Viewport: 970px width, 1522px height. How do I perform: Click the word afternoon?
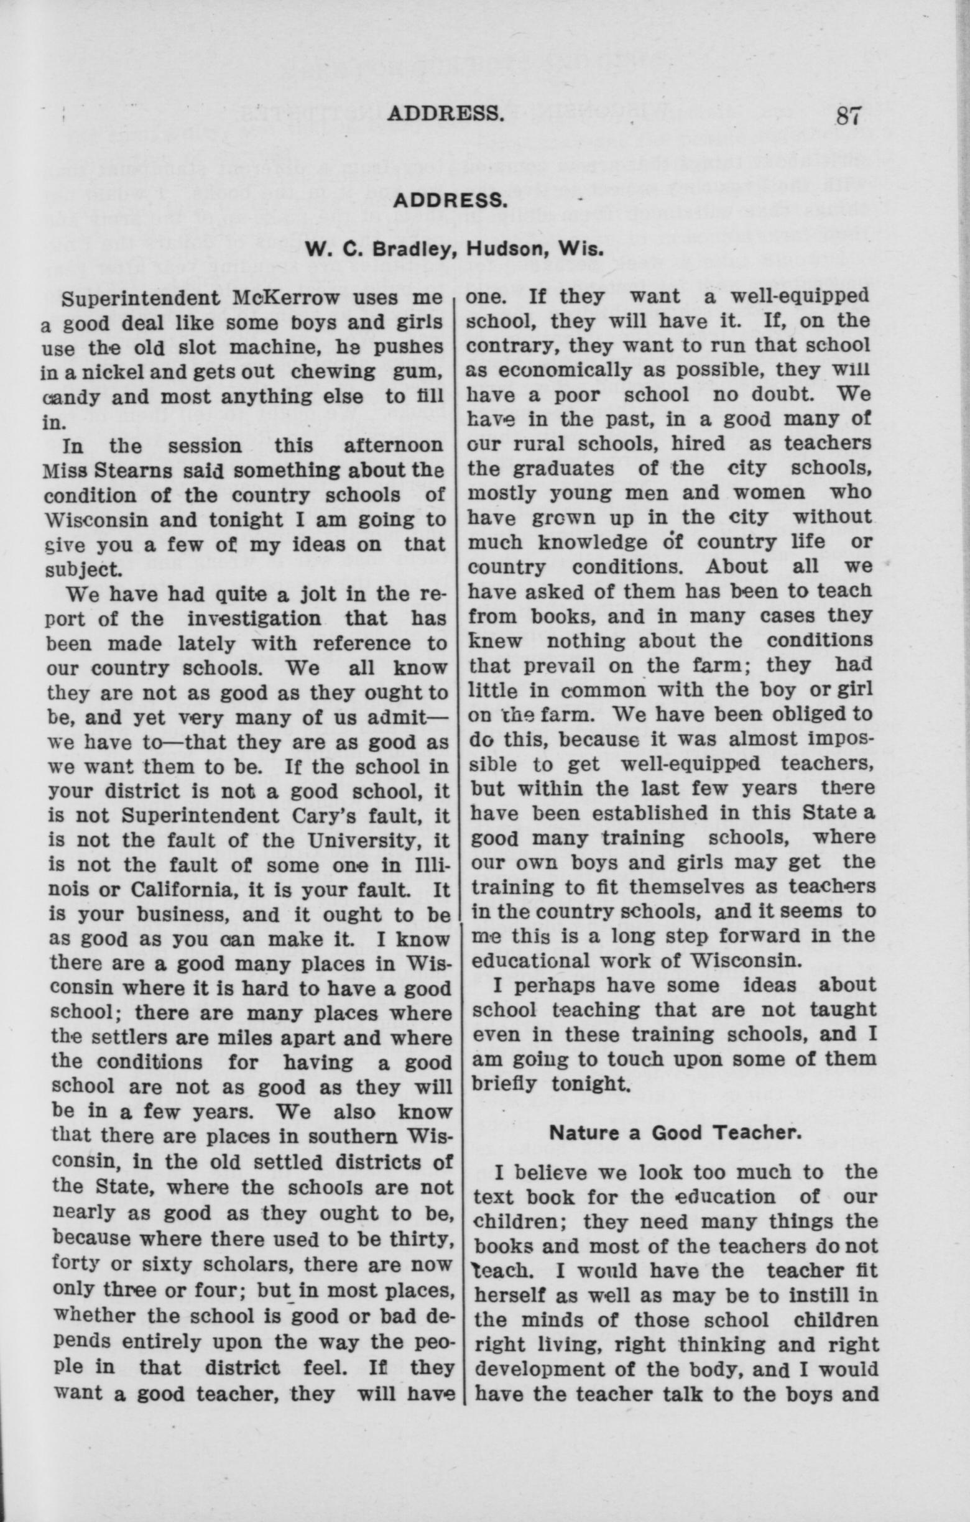(x=394, y=446)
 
